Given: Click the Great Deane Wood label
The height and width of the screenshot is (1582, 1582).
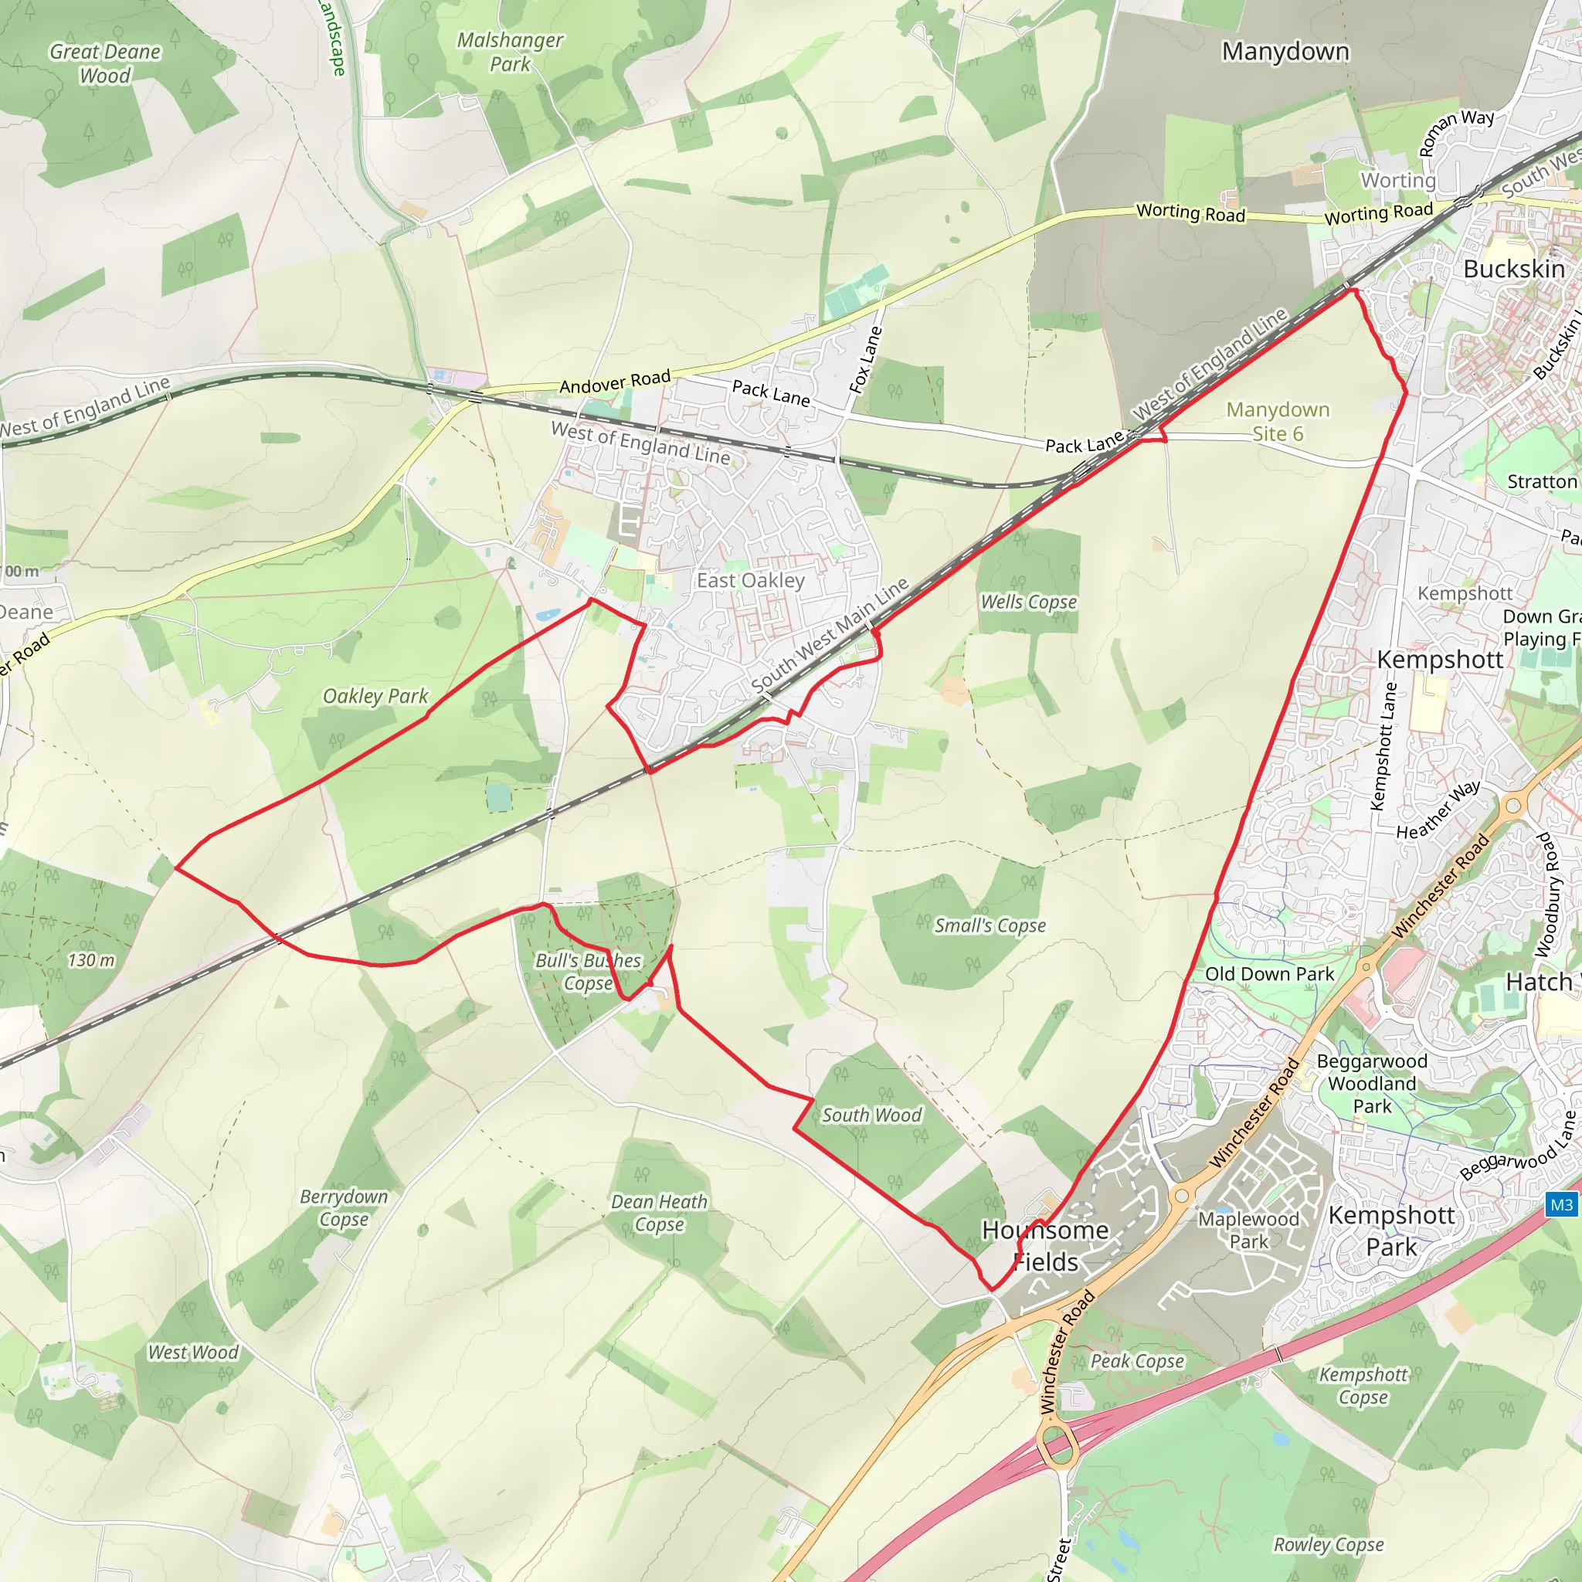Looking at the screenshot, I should [x=105, y=63].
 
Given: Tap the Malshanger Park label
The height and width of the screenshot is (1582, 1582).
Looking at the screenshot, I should [x=509, y=52].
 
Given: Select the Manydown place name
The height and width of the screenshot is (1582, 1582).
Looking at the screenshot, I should [x=1285, y=52].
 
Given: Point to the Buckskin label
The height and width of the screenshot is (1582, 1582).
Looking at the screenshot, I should [x=1513, y=269].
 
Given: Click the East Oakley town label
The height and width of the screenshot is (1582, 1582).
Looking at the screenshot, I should [x=750, y=581].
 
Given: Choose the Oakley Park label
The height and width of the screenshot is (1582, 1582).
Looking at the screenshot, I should [x=375, y=696].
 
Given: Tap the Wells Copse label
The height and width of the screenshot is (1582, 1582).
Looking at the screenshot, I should [x=1028, y=602].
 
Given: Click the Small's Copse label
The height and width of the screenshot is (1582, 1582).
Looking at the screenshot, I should [x=990, y=925].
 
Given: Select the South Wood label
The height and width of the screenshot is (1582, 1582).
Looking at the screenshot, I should [x=871, y=1115].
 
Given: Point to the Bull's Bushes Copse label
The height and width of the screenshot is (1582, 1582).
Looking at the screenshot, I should [x=588, y=972].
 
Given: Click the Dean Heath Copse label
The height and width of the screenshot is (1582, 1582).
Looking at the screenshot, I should [x=659, y=1213].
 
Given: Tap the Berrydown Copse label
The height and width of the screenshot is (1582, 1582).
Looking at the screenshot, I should [x=343, y=1208].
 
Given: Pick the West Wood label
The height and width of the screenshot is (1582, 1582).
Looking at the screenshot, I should [x=192, y=1353].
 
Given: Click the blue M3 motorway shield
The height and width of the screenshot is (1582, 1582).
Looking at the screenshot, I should [x=1560, y=1204].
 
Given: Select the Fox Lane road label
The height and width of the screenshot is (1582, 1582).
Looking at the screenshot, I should [x=865, y=360].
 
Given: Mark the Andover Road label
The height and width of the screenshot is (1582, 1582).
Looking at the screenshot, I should [x=615, y=382].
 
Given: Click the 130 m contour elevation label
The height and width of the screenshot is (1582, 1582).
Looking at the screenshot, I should [x=91, y=960].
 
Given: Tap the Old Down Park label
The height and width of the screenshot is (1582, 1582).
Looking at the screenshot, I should [x=1269, y=973].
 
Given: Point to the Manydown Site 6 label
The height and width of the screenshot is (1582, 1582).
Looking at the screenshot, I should [x=1278, y=421].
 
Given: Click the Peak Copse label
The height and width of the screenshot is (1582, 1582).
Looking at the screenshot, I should [x=1137, y=1361].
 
